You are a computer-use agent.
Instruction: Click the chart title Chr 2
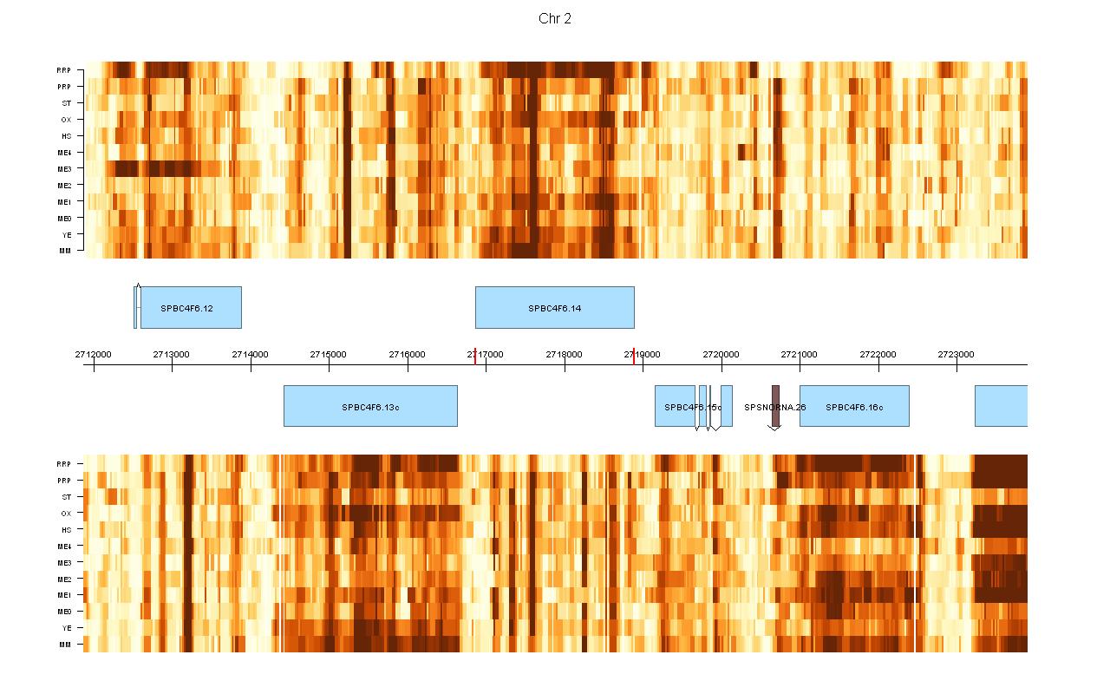click(x=555, y=19)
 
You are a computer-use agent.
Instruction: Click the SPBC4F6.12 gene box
click(x=191, y=308)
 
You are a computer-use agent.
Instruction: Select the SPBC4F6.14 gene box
click(x=555, y=308)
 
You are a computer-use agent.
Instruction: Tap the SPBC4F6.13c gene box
click(x=370, y=406)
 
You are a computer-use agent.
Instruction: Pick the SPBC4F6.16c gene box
click(x=854, y=406)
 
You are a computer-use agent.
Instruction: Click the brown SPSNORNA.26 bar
click(x=775, y=406)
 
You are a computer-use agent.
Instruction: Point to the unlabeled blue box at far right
click(x=1001, y=406)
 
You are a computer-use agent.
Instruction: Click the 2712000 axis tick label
click(x=93, y=354)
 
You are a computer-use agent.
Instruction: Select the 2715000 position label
click(x=329, y=354)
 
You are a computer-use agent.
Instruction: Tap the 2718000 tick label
click(x=565, y=354)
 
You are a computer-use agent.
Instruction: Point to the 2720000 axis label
click(x=721, y=354)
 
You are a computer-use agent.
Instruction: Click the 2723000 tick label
click(x=957, y=354)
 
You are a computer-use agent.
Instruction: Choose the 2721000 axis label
click(x=800, y=354)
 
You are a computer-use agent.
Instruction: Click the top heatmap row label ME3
click(x=65, y=169)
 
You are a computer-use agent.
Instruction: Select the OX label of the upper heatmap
click(x=66, y=120)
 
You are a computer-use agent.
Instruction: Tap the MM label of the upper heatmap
click(x=65, y=252)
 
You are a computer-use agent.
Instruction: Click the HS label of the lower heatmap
click(x=66, y=530)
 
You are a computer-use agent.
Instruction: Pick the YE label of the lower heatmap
click(x=66, y=628)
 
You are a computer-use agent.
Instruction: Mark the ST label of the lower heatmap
click(x=67, y=497)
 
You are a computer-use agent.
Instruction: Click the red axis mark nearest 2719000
click(x=634, y=356)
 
